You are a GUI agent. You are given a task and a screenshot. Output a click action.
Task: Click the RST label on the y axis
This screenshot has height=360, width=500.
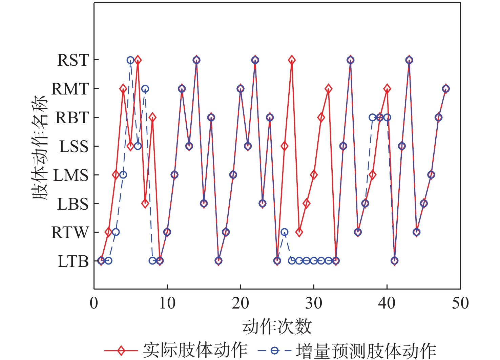click(x=73, y=60)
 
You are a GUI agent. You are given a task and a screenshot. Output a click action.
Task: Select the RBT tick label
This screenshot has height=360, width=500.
click(x=72, y=118)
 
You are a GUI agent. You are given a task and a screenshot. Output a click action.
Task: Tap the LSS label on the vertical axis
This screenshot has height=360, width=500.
click(x=74, y=147)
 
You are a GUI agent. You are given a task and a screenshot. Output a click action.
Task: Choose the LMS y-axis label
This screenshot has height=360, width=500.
click(x=71, y=175)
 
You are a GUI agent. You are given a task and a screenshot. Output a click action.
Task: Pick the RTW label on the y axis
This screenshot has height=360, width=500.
click(x=70, y=233)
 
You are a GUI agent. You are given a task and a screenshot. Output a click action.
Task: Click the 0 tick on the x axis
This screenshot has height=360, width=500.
click(x=94, y=303)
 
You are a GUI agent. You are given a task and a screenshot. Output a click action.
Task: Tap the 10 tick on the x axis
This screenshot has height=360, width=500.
click(x=167, y=303)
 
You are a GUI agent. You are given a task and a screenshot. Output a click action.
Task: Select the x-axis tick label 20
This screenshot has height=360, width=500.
click(x=241, y=303)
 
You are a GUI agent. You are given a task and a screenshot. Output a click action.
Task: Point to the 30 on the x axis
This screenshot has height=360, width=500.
click(x=314, y=303)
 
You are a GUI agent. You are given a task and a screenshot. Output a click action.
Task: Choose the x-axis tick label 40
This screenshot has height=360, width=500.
click(x=387, y=303)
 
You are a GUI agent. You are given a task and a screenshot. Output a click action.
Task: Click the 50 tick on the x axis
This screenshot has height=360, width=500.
click(x=460, y=303)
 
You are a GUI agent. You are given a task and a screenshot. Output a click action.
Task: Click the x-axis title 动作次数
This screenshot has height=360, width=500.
click(x=277, y=326)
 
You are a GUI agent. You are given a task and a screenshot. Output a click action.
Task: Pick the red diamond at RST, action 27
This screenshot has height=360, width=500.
click(x=292, y=60)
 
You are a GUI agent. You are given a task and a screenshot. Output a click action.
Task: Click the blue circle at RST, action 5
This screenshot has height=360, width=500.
click(x=130, y=60)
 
